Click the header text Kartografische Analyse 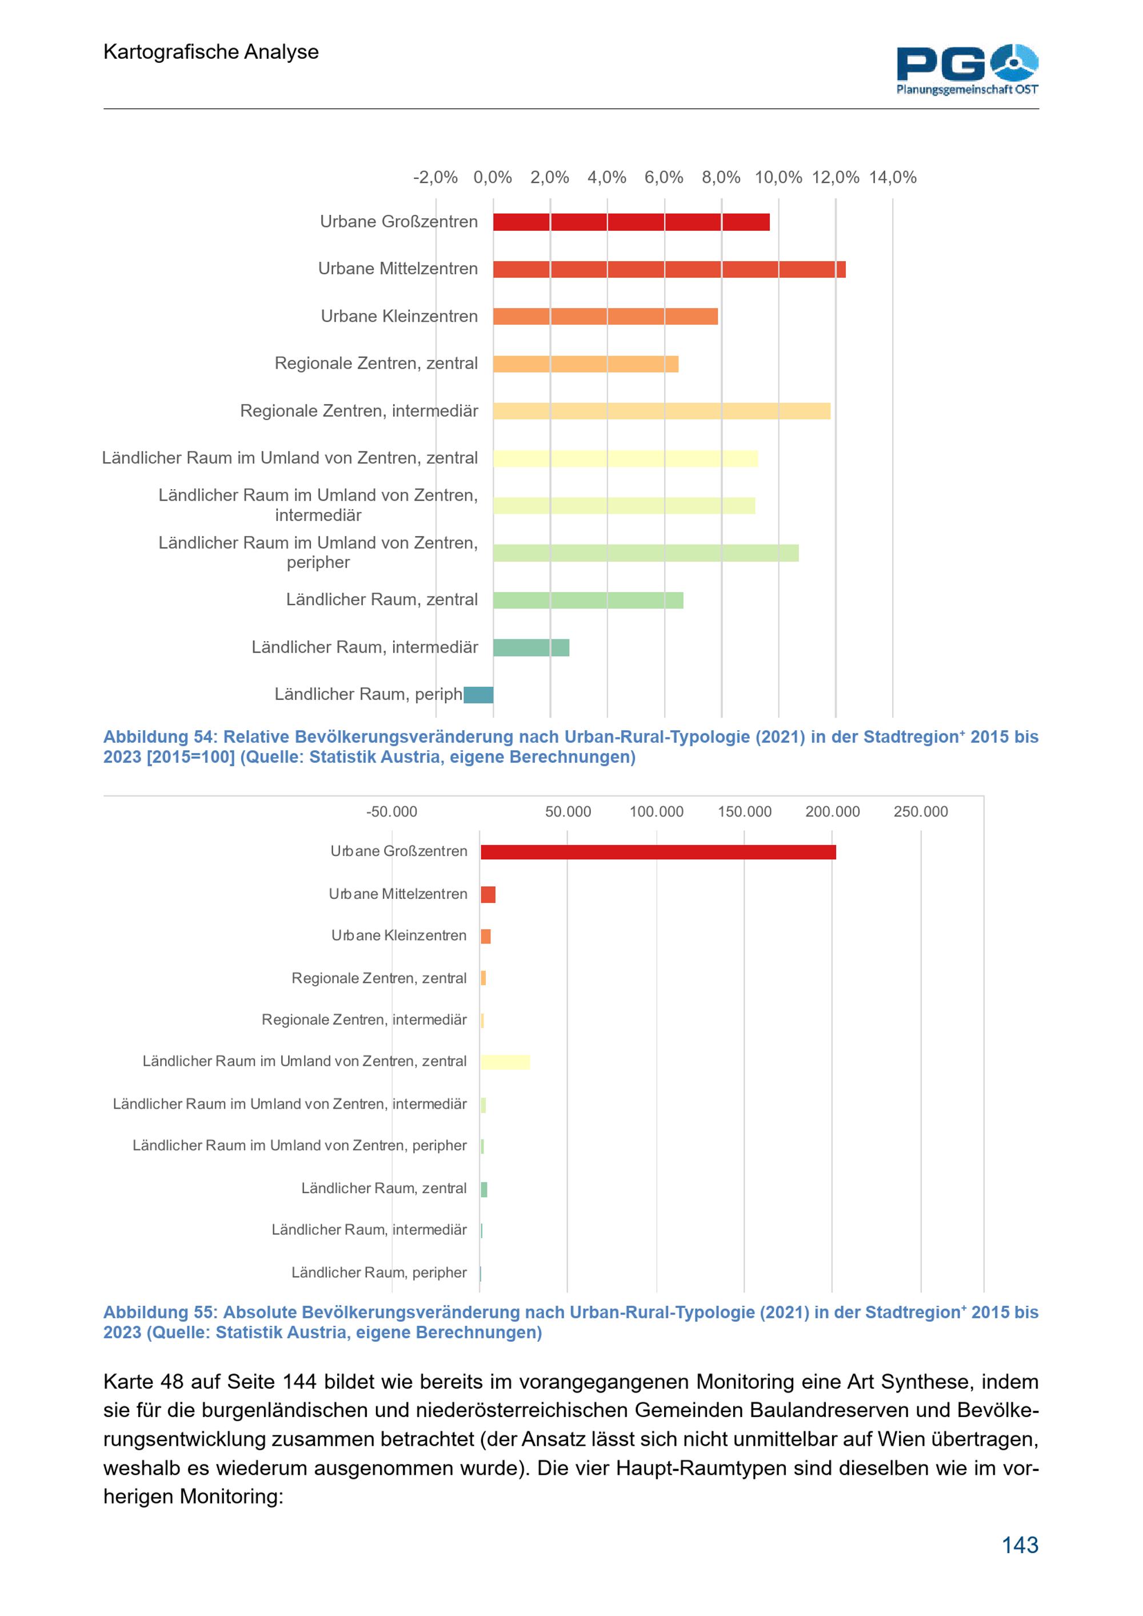tap(211, 51)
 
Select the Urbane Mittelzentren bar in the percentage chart tap(669, 269)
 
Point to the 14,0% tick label tap(893, 177)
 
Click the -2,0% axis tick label tap(435, 177)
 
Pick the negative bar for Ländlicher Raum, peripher tap(478, 695)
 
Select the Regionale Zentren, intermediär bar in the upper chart tap(662, 411)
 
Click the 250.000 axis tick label tap(921, 811)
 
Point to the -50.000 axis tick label tap(391, 811)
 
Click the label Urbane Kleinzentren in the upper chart tap(399, 316)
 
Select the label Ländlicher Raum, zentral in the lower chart tap(383, 1188)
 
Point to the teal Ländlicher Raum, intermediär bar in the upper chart tap(531, 647)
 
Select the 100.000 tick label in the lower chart tap(656, 811)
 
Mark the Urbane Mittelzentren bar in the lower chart tap(487, 895)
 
